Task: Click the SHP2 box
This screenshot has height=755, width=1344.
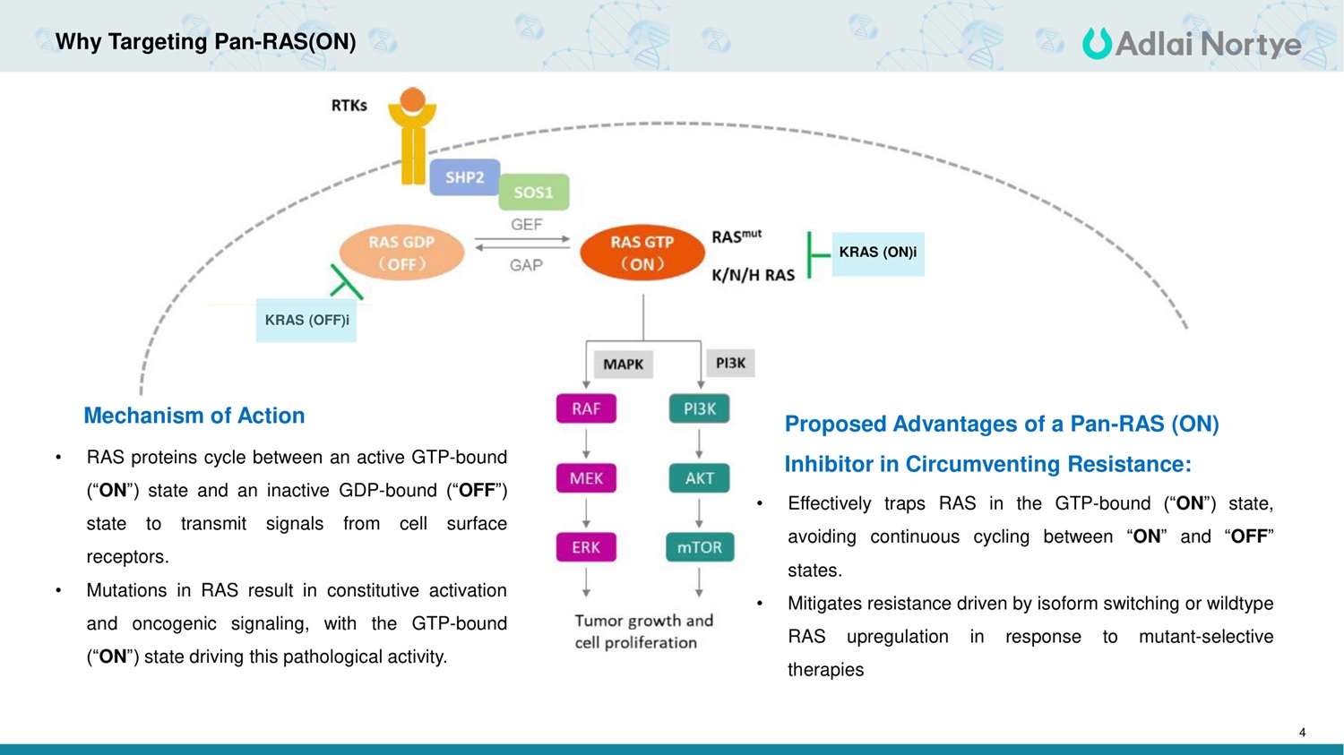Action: pyautogui.click(x=464, y=177)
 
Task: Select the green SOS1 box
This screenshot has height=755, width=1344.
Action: pyautogui.click(x=533, y=192)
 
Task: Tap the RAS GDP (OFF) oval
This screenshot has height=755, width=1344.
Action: pyautogui.click(x=401, y=253)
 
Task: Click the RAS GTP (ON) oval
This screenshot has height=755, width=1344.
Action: pyautogui.click(x=642, y=253)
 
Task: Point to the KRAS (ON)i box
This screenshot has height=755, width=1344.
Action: pyautogui.click(x=877, y=253)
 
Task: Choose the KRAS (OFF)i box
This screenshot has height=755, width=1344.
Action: pyautogui.click(x=306, y=320)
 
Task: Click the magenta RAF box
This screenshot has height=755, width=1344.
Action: pyautogui.click(x=586, y=408)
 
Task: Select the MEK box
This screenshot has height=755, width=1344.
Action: pyautogui.click(x=586, y=478)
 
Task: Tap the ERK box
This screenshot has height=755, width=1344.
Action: pyautogui.click(x=586, y=547)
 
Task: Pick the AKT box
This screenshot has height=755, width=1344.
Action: pyautogui.click(x=699, y=478)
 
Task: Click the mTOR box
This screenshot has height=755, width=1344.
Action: pyautogui.click(x=699, y=547)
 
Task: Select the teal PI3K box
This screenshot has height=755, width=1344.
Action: pyautogui.click(x=699, y=408)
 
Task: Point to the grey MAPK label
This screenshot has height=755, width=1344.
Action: pyautogui.click(x=623, y=365)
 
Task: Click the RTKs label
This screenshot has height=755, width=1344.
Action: pyautogui.click(x=349, y=106)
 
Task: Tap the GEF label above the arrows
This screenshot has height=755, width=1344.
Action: pyautogui.click(x=526, y=224)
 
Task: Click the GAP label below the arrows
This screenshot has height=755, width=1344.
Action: pyautogui.click(x=526, y=265)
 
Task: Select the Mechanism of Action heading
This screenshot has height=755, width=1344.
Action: pyautogui.click(x=194, y=416)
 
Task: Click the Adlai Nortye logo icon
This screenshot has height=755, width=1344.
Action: pyautogui.click(x=1096, y=43)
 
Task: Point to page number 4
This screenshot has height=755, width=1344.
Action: pyautogui.click(x=1302, y=733)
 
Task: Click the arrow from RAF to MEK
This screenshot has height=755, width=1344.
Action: pyautogui.click(x=586, y=443)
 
